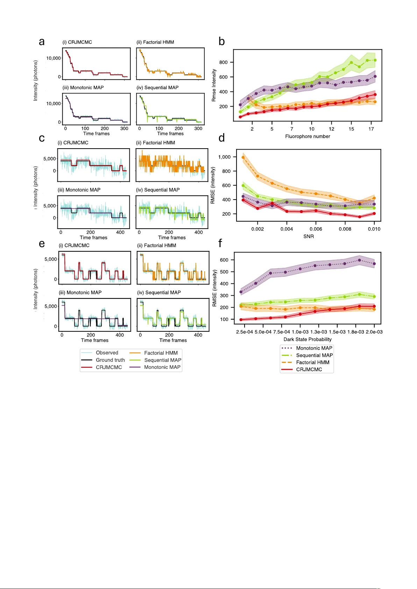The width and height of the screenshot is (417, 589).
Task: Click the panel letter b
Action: (221, 42)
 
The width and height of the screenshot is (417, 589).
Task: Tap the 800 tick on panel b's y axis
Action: (224, 62)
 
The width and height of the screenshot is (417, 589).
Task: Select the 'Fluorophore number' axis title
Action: (308, 136)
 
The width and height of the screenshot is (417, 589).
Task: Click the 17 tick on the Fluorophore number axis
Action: (371, 129)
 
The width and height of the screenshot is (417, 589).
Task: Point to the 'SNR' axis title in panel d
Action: (309, 236)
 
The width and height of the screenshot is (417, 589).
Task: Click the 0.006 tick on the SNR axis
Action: (316, 229)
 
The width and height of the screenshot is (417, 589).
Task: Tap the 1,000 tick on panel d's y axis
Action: (224, 157)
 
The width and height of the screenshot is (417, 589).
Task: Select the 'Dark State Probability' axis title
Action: (308, 339)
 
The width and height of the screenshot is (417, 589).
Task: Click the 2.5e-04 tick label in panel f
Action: (245, 332)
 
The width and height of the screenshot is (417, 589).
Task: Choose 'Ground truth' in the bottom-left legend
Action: (110, 360)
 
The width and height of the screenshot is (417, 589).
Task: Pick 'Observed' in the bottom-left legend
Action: (107, 353)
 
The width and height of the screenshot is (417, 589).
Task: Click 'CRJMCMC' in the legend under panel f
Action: (309, 369)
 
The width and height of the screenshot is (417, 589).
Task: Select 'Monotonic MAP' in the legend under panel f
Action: (314, 348)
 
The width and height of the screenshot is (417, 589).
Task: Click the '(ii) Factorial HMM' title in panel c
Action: (155, 143)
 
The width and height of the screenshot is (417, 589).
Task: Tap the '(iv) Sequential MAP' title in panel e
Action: (159, 292)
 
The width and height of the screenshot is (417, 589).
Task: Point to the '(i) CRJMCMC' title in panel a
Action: (77, 42)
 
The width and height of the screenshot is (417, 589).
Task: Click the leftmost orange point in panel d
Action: (243, 157)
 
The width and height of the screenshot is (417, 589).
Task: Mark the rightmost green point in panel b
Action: (375, 60)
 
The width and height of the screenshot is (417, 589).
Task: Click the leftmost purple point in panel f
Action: (241, 292)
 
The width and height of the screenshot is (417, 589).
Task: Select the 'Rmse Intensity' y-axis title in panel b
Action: (214, 85)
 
